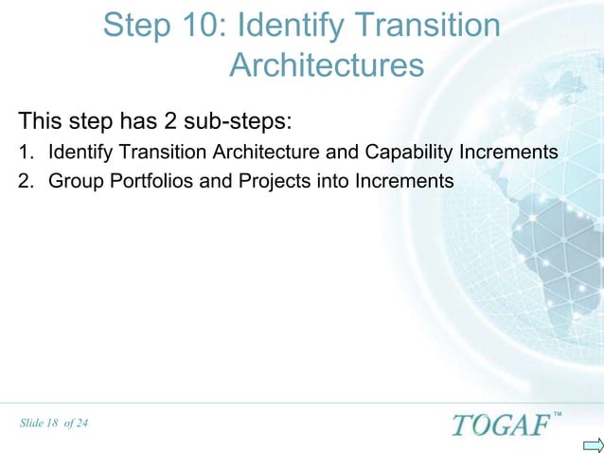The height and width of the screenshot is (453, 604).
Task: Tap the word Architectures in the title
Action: (326, 66)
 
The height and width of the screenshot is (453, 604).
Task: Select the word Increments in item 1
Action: (508, 152)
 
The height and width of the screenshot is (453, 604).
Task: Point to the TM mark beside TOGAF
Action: (557, 414)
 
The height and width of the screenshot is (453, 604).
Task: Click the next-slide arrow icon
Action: (592, 444)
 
